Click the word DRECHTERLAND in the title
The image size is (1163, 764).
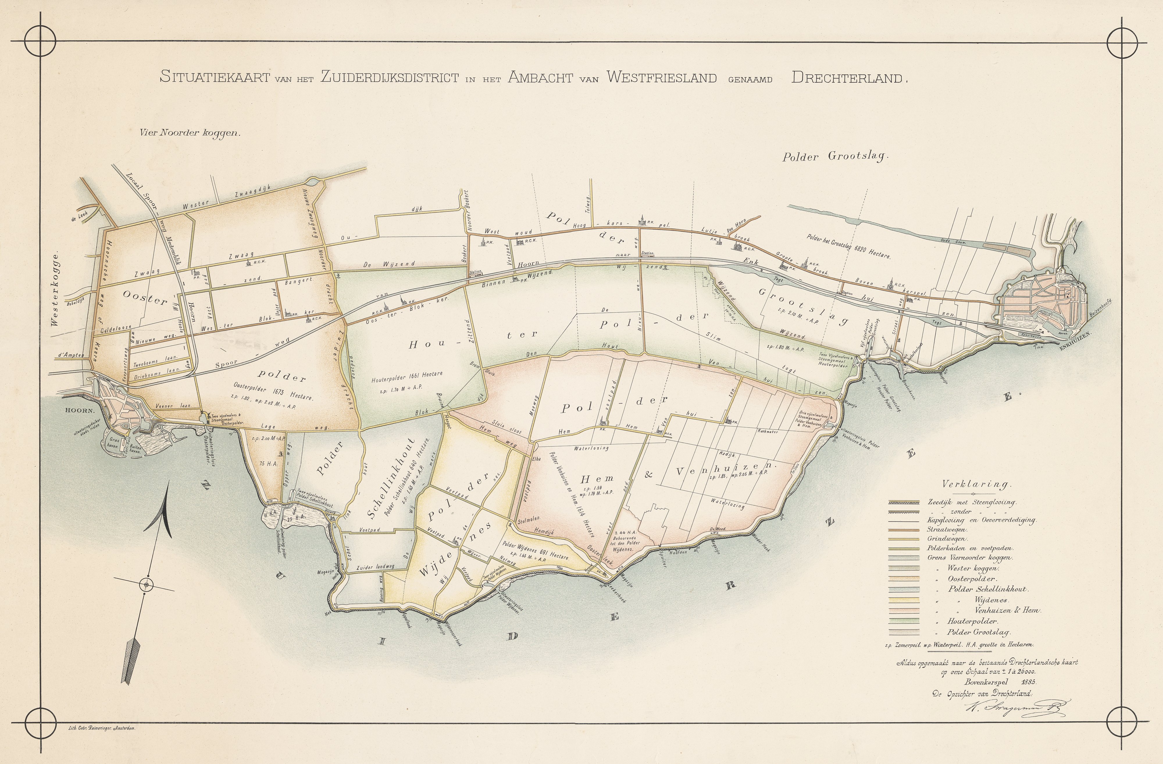tap(849, 77)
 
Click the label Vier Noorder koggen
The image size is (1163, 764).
tap(190, 132)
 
